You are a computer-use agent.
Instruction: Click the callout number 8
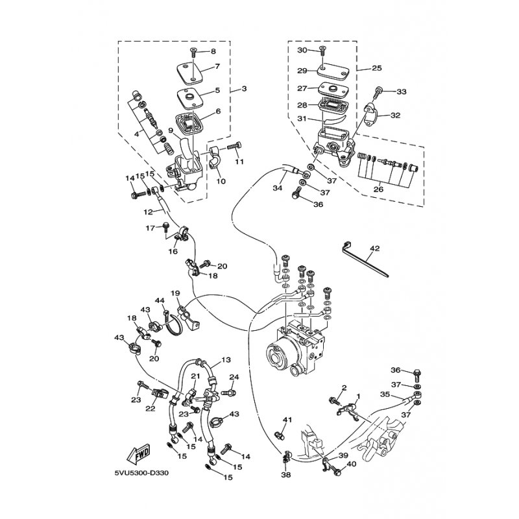[213, 51]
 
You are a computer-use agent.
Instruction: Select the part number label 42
[374, 248]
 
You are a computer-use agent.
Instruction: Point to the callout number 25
[377, 67]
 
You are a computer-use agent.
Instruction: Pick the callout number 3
[244, 88]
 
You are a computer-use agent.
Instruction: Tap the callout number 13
[226, 359]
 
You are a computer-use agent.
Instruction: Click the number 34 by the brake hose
[277, 189]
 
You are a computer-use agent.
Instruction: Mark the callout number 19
[175, 293]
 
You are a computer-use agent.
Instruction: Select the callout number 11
[239, 162]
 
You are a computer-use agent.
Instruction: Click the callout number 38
[286, 474]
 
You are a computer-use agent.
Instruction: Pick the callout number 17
[150, 228]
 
